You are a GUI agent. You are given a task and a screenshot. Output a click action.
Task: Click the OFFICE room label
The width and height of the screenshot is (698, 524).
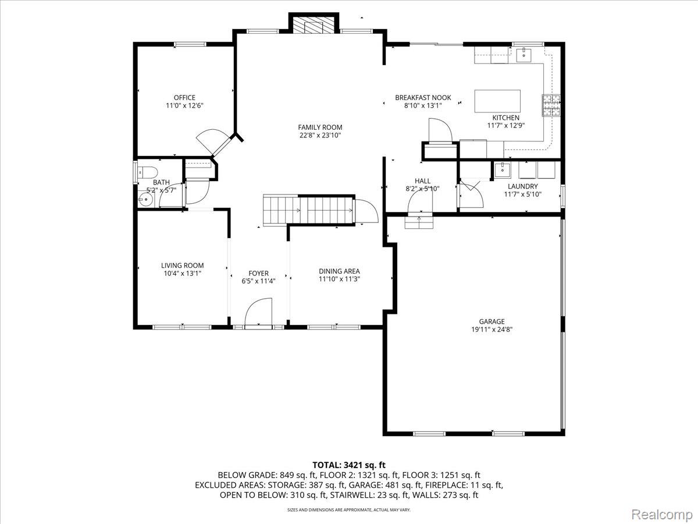pyautogui.click(x=184, y=98)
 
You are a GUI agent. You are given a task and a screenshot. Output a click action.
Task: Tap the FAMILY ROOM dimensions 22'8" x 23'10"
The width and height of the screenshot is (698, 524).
pyautogui.click(x=320, y=136)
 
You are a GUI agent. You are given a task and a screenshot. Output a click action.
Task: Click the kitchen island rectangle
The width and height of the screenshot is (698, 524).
pyautogui.click(x=497, y=101)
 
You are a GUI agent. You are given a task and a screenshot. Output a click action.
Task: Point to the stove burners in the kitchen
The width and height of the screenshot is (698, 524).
pyautogui.click(x=551, y=105)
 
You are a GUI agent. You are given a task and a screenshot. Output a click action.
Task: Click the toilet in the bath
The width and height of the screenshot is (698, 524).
pyautogui.click(x=147, y=172)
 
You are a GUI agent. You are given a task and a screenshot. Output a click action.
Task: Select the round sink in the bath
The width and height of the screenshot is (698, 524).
pyautogui.click(x=145, y=200)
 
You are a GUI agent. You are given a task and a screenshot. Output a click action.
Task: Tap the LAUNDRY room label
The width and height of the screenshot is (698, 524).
pyautogui.click(x=523, y=186)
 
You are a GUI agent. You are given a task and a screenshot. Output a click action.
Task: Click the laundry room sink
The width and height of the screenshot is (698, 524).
pyautogui.click(x=503, y=169)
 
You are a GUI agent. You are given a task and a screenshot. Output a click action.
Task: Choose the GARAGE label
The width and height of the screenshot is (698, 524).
pyautogui.click(x=492, y=321)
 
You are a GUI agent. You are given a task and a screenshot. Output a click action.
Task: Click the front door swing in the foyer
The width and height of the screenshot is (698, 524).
pyautogui.click(x=258, y=312)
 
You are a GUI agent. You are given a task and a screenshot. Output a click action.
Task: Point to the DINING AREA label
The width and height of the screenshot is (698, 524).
pyautogui.click(x=339, y=271)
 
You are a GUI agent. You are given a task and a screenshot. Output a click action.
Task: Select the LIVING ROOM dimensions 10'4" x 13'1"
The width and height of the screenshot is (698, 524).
pyautogui.click(x=182, y=273)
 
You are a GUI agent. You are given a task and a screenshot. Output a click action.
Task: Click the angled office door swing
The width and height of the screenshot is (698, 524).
pyautogui.click(x=213, y=142)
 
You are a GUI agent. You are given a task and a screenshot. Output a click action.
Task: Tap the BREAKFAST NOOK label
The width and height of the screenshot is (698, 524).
pyautogui.click(x=423, y=98)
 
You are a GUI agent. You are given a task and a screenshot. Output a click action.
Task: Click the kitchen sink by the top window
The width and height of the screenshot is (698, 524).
pyautogui.click(x=523, y=55)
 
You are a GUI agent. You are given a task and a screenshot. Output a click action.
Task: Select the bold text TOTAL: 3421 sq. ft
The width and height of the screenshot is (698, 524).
pyautogui.click(x=349, y=465)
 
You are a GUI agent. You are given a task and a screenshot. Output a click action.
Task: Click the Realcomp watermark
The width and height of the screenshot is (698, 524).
pyautogui.click(x=661, y=514)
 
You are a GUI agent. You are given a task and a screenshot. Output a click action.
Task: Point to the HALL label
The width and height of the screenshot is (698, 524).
pyautogui.click(x=422, y=181)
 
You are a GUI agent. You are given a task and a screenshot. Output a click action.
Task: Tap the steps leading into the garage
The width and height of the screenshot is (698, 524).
pyautogui.click(x=419, y=222)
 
